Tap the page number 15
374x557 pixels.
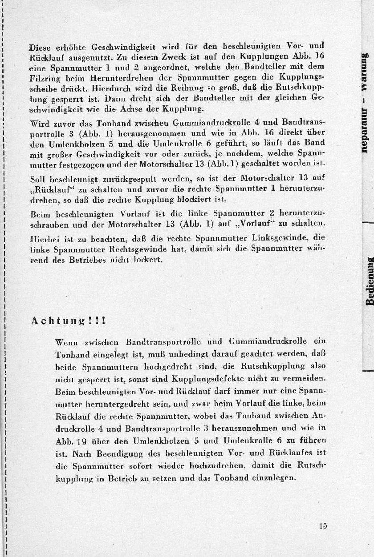(323, 526)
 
